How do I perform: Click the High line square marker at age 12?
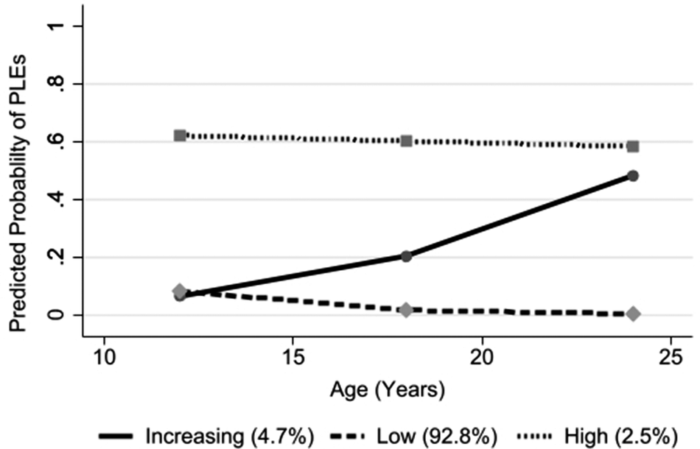tap(180, 135)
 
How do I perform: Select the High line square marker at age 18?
tap(406, 141)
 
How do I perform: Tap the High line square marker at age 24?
tap(633, 146)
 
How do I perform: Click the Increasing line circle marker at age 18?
tap(406, 256)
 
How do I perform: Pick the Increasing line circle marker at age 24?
tap(633, 176)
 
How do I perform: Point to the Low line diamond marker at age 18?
tap(406, 310)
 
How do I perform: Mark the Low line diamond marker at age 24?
tap(633, 314)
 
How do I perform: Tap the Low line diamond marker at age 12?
tap(180, 291)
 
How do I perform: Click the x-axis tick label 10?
tap(104, 358)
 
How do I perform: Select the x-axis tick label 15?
tap(293, 358)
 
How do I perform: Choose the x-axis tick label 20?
tap(482, 358)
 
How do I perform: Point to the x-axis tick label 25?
tap(671, 358)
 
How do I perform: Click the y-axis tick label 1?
tap(56, 26)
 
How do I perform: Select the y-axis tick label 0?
tap(56, 315)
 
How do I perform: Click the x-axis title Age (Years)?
tap(388, 390)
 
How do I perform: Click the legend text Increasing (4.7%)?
tap(229, 436)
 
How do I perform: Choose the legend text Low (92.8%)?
tap(437, 436)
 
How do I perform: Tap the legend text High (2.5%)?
tap(621, 436)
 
